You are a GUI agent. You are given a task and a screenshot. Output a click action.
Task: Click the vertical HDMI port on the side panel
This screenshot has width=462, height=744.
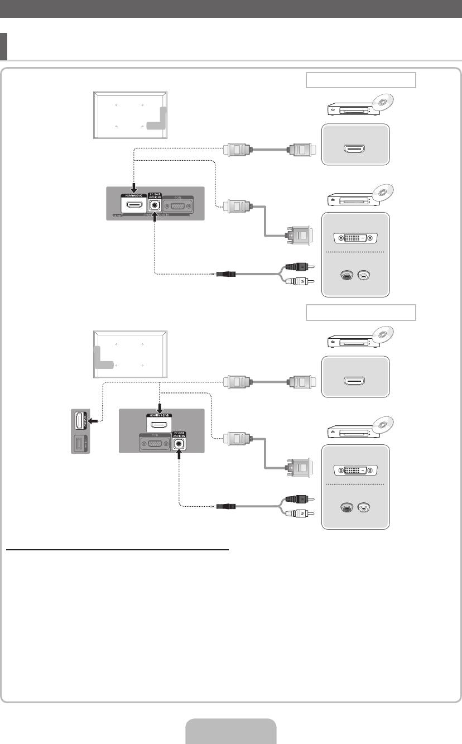coord(80,424)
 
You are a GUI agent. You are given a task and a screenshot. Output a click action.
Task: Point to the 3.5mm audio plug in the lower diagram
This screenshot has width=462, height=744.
coord(228,507)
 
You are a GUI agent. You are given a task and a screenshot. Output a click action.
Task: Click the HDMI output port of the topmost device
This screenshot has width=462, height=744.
coord(355,149)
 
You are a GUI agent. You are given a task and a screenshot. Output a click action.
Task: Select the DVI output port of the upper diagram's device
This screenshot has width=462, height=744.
coord(355,238)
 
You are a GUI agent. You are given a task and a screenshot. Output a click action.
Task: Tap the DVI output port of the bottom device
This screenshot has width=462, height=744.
coord(355,471)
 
